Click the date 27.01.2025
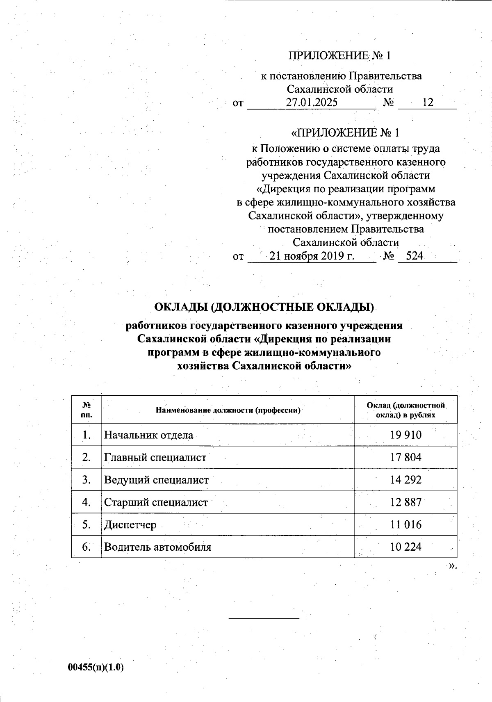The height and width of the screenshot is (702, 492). [x=312, y=103]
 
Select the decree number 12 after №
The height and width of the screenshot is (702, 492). [x=428, y=103]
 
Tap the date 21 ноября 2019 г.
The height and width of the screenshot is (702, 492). [x=312, y=256]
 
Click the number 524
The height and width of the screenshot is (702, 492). [x=414, y=256]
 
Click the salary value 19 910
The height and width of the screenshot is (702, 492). [x=405, y=435]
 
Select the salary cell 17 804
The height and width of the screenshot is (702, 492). [x=405, y=457]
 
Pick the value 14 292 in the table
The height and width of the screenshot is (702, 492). [x=405, y=480]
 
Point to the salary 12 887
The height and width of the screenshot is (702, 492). [x=405, y=502]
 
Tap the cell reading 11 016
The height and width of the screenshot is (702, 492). [x=405, y=524]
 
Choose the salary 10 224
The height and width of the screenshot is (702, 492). [x=405, y=547]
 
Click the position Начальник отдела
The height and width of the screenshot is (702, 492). [x=148, y=435]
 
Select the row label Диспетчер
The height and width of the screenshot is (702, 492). [x=130, y=525]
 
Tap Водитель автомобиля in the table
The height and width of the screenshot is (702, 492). [x=157, y=547]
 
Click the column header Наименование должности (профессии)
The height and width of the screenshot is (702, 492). [x=228, y=410]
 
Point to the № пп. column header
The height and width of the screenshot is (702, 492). [x=87, y=410]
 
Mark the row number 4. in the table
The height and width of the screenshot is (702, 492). [x=86, y=502]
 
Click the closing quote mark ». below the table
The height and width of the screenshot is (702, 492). [x=452, y=566]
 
